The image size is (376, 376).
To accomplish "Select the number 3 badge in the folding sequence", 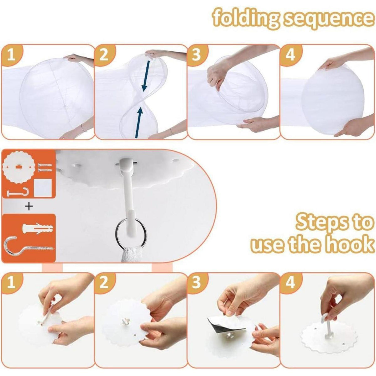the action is coord(196,55).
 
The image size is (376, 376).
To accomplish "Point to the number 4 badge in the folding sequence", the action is coord(290,55).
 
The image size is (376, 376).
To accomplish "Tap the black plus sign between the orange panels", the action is coord(29,206).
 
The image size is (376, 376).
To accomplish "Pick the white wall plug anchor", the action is coord(38,228).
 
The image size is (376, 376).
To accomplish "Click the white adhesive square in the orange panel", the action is coord(43,188).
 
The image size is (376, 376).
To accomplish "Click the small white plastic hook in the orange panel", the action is coord(19,193).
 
